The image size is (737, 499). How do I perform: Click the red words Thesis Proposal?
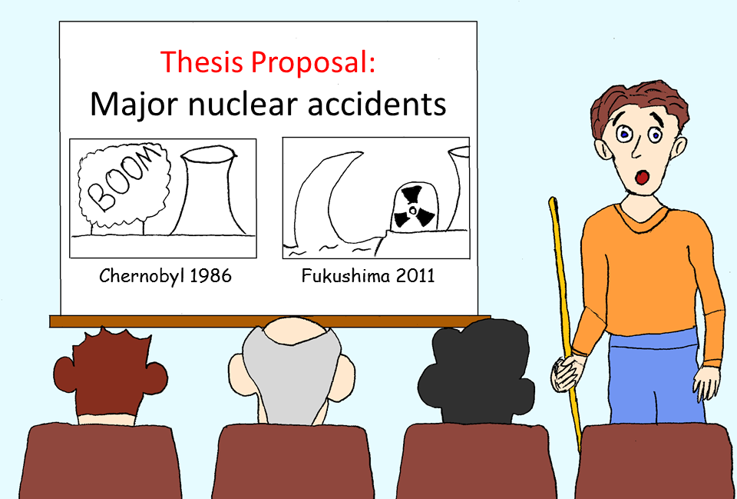pos(268,62)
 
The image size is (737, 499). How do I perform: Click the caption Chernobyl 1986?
pos(166,276)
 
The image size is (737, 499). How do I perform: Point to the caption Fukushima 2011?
pos(368,275)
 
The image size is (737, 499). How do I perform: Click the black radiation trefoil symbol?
pos(413,207)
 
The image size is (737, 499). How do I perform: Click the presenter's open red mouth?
pos(642,177)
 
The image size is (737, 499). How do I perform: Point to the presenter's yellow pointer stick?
pos(566,320)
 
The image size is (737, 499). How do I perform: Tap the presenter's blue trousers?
pos(656,377)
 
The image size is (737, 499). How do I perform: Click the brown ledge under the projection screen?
pos(270,321)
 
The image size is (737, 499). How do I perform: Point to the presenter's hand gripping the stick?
pos(567,372)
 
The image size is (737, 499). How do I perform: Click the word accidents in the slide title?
pos(377,104)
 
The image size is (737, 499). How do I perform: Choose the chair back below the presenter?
pos(656,461)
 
